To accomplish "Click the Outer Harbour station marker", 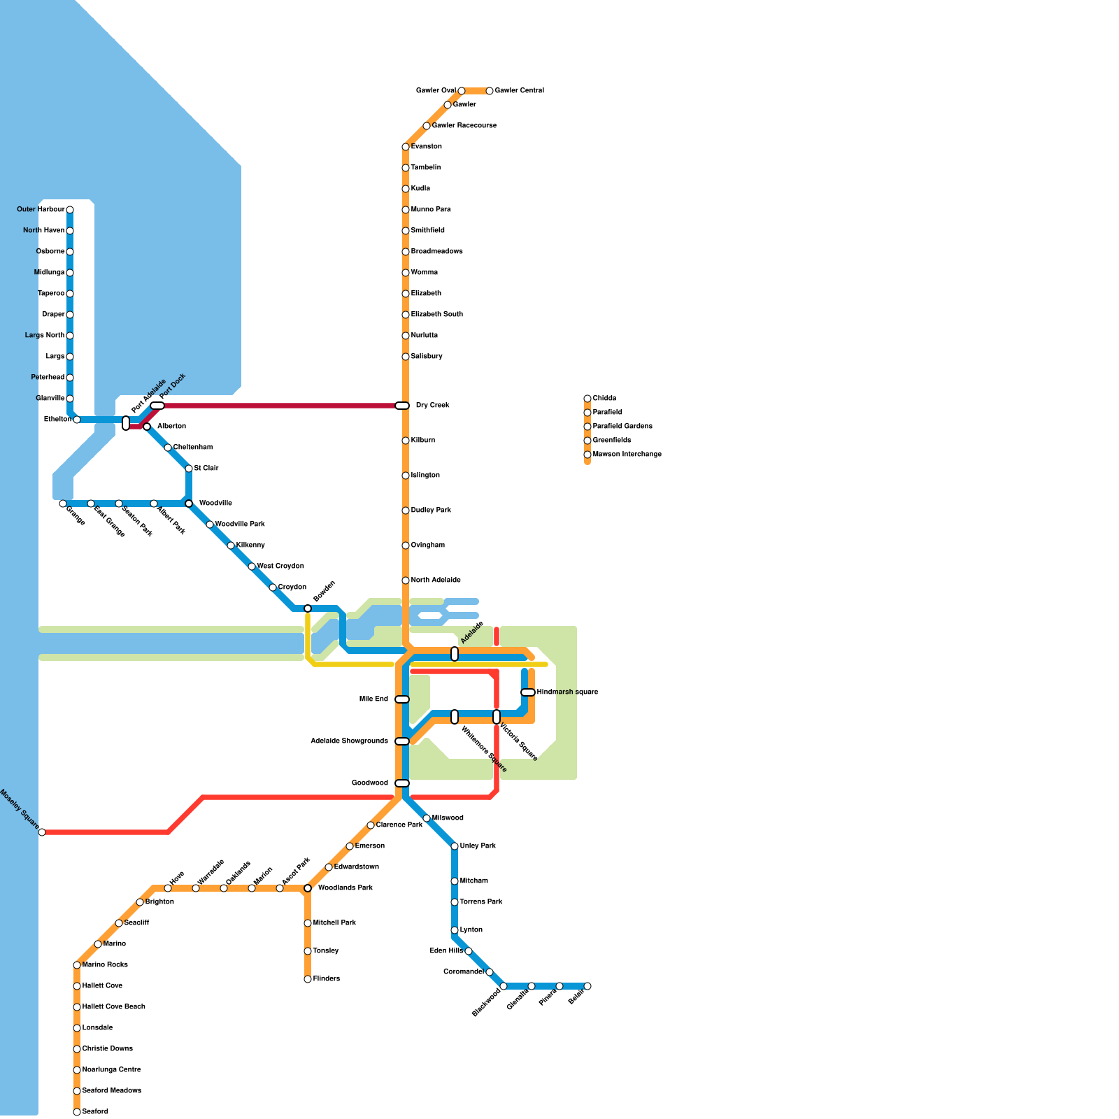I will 70,210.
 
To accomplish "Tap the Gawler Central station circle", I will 490,91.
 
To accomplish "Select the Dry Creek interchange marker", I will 402,406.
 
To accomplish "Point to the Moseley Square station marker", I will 42,832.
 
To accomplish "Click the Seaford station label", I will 95,1112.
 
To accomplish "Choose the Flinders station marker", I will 308,979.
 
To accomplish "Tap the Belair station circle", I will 587,986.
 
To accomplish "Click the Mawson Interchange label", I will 627,455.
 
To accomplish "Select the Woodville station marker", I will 189,504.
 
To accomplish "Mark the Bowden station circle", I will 308,608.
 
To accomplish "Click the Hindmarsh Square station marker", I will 528,692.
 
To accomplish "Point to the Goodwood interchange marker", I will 402,783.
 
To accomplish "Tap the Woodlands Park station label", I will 345,888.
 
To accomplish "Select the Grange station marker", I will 63,504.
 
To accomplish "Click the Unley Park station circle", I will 455,846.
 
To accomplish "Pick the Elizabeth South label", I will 437,315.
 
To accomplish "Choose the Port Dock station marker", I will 157,406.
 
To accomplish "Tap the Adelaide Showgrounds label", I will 349,741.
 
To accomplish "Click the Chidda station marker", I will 587,399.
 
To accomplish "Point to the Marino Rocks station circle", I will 77,965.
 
